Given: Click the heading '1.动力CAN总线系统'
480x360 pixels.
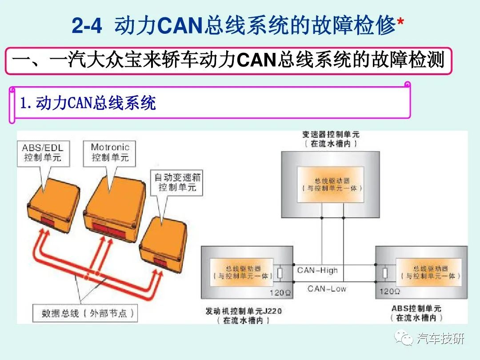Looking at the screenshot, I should pos(88,104).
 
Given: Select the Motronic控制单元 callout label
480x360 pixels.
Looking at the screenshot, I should pos(110,152).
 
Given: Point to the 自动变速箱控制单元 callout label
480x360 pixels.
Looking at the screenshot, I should pos(177,182).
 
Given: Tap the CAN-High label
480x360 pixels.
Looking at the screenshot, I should pos(317,270).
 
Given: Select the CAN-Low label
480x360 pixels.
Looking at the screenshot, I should pos(327,289).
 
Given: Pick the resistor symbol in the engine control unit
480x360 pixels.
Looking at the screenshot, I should pos(280,273).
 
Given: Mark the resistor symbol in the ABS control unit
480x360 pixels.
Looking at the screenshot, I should pos(385,273).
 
